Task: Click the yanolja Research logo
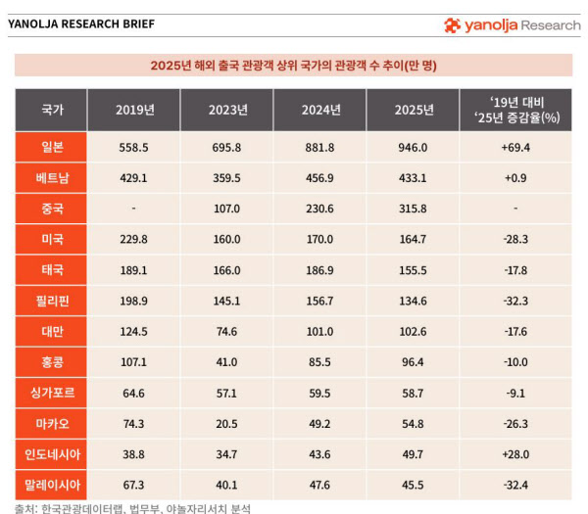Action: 512,25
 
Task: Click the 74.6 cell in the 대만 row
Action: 226,331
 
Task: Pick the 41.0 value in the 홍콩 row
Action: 226,361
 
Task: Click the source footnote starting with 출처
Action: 132,507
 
